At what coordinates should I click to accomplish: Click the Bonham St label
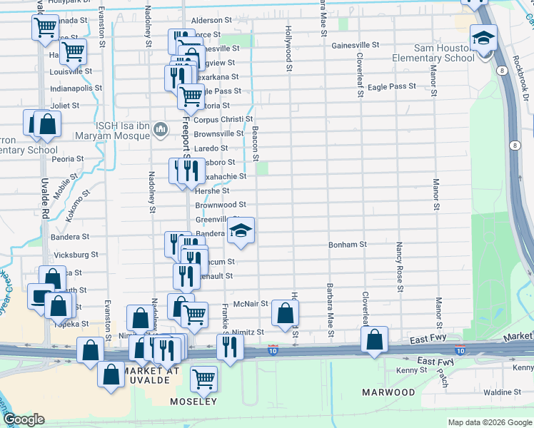(347, 244)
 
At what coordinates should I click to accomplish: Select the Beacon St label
(255, 143)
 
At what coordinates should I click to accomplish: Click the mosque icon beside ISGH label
(161, 129)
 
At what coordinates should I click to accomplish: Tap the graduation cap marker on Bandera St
(241, 230)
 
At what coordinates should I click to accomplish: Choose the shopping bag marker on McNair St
(285, 312)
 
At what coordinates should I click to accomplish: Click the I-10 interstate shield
(273, 350)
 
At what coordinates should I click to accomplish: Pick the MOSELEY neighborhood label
(193, 402)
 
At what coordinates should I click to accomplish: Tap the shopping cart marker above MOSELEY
(204, 378)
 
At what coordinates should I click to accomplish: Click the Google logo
(24, 419)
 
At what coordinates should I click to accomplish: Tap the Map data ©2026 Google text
(489, 422)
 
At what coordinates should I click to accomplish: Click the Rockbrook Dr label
(522, 78)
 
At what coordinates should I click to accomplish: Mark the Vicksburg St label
(76, 255)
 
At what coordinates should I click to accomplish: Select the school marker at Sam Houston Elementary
(483, 38)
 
